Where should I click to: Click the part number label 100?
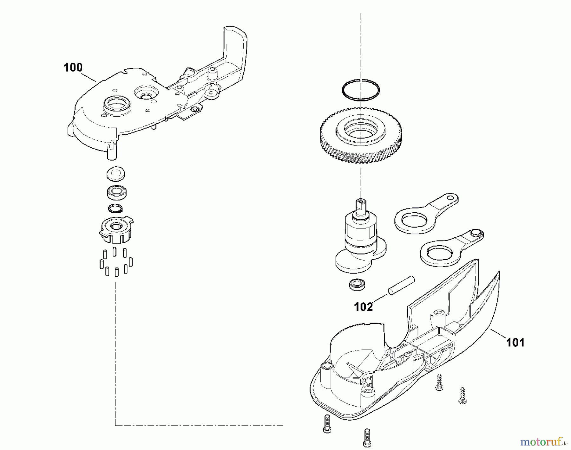coord(73,67)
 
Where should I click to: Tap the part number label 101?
coord(515,343)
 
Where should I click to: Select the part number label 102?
coord(363,307)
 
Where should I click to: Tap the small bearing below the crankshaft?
coord(357,284)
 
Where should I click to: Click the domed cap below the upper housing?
coord(115,173)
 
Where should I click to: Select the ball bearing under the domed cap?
coord(116,192)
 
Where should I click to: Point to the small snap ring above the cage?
coord(115,209)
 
